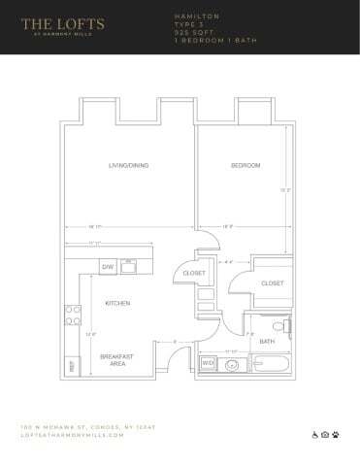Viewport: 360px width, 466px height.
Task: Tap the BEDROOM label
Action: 245,166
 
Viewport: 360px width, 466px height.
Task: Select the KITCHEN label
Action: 117,303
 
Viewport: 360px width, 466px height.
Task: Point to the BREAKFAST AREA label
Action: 117,359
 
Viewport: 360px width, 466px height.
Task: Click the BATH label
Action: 267,341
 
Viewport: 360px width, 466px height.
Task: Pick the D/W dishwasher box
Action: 108,265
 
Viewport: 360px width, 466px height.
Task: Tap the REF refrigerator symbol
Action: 72,367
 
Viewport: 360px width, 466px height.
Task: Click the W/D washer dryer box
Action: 207,364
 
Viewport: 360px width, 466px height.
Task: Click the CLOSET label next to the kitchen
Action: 194,274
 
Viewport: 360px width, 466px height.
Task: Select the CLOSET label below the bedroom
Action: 272,283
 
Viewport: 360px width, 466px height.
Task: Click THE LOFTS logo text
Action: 61,24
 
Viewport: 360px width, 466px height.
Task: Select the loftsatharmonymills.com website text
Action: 73,436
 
